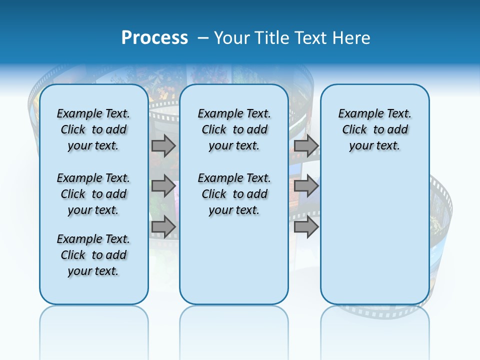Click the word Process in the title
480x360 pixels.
(x=154, y=38)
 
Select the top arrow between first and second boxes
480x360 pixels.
(x=163, y=146)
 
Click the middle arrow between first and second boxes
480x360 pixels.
(x=163, y=186)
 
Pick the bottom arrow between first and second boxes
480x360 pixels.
(x=163, y=226)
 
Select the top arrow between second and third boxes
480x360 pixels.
(x=306, y=146)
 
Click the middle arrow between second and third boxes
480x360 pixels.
(x=306, y=186)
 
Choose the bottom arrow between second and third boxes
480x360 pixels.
(x=306, y=226)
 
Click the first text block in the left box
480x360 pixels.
(x=93, y=129)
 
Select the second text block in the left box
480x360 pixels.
(x=93, y=194)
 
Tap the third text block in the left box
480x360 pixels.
(x=93, y=255)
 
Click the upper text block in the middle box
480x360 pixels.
(x=234, y=129)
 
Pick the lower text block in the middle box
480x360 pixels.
(x=234, y=194)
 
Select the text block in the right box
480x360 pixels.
(x=374, y=129)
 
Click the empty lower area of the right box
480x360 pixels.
(x=374, y=235)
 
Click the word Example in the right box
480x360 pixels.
(x=357, y=114)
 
